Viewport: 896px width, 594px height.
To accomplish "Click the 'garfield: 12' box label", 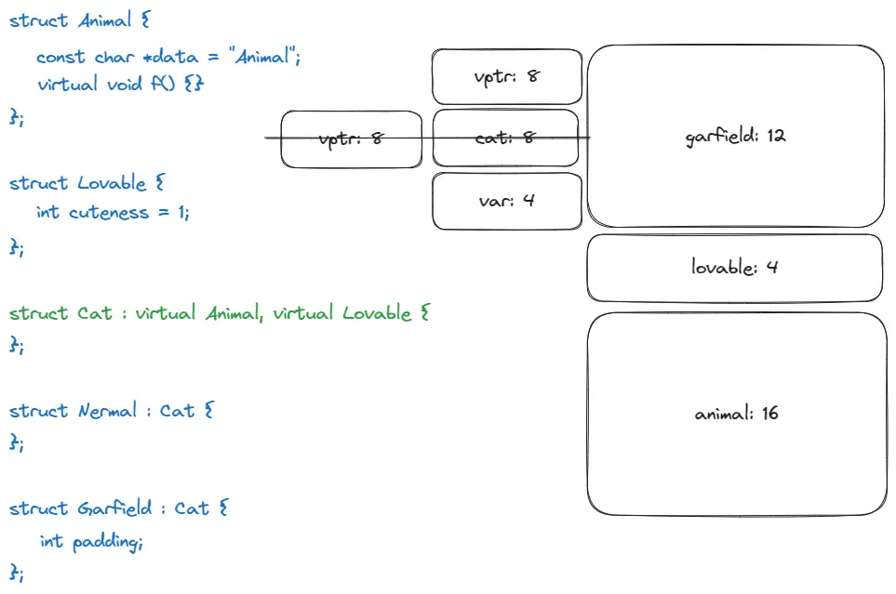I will (x=735, y=136).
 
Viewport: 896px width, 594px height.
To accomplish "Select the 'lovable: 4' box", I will (x=734, y=268).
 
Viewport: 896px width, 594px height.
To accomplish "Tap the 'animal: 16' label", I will (x=736, y=414).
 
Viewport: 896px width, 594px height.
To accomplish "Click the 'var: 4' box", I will (x=506, y=199).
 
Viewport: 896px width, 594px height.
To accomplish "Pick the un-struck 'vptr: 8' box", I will (x=506, y=75).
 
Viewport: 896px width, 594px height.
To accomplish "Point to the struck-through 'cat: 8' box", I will (x=506, y=138).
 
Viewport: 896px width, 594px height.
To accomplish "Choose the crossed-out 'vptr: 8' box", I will (x=351, y=139).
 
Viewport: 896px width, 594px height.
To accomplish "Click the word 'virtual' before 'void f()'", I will (x=67, y=85).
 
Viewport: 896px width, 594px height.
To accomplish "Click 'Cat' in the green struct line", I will (x=95, y=313).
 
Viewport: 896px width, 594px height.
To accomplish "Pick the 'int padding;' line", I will (x=91, y=541).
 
